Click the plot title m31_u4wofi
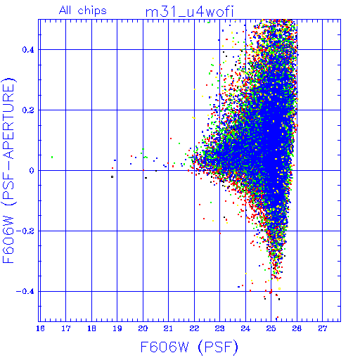point(189,12)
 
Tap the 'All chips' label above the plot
point(83,11)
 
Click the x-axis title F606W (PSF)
point(189,347)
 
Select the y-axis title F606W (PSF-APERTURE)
point(8,171)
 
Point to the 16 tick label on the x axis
point(40,328)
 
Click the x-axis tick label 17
point(66,328)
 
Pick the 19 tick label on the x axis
point(117,328)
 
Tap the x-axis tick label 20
point(143,328)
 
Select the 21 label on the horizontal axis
point(169,328)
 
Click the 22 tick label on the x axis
point(194,328)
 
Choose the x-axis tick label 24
point(245,328)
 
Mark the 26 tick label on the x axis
point(297,328)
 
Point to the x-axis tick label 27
point(323,328)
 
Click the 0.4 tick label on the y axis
point(28,50)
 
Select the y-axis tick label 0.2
point(28,110)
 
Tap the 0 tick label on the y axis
point(32,171)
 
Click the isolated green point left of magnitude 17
point(52,157)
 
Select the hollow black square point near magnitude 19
point(112,176)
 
